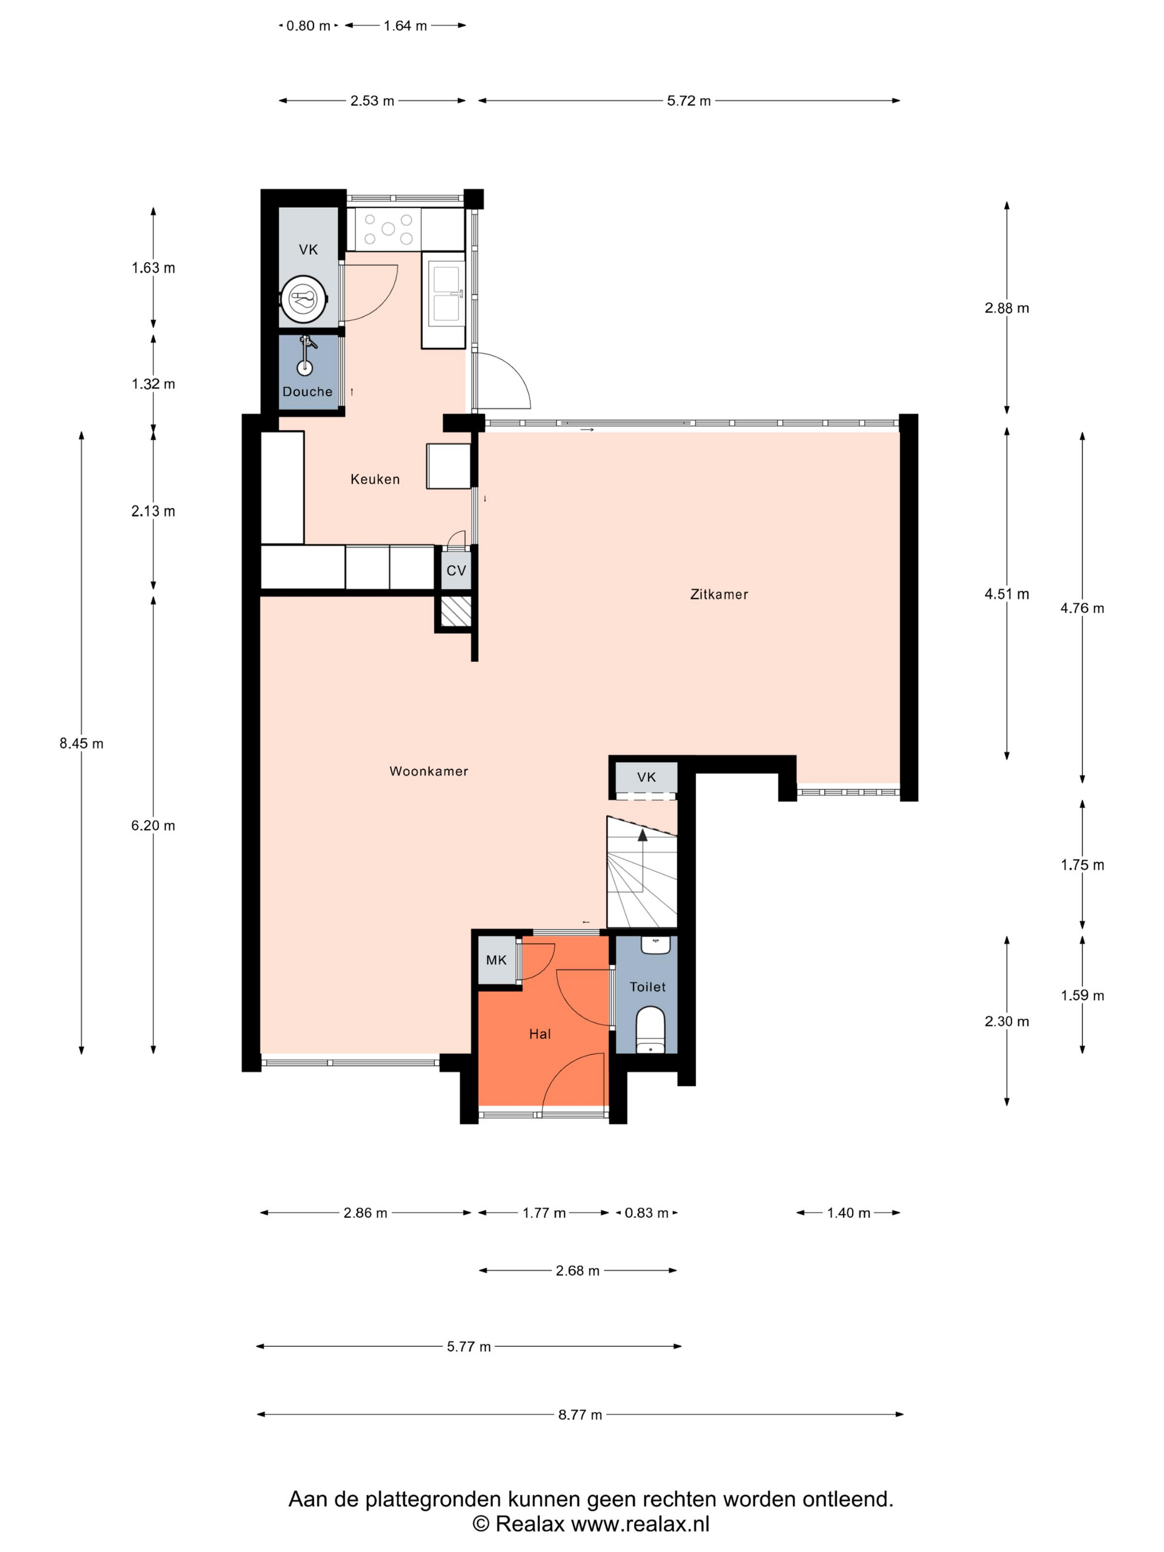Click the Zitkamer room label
[718, 594]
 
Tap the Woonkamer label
[428, 771]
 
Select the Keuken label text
[375, 479]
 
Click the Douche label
[307, 391]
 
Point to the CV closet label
[456, 570]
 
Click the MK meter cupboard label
[496, 960]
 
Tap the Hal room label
[539, 1034]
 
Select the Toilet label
[647, 987]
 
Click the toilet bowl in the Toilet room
[650, 1030]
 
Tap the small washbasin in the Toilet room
[655, 945]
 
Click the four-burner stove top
[388, 229]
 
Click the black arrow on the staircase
[642, 834]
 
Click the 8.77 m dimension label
[580, 1415]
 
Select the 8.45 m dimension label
[81, 744]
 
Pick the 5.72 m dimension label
[689, 101]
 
